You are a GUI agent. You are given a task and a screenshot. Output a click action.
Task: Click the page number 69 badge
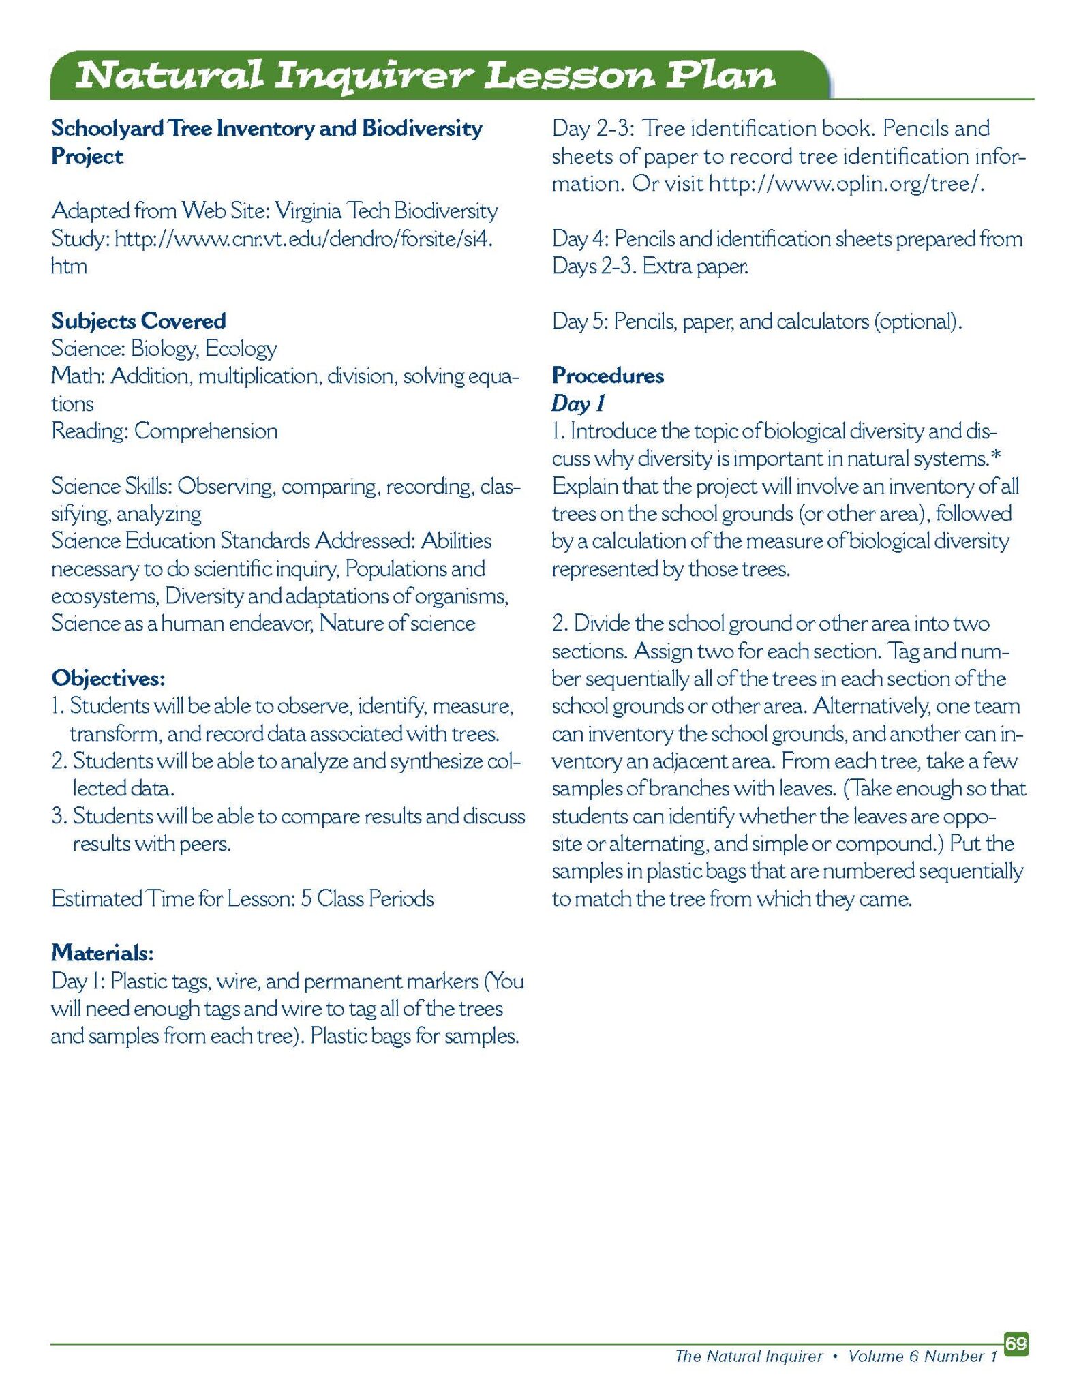(1016, 1344)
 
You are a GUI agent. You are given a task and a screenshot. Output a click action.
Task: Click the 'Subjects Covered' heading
(138, 321)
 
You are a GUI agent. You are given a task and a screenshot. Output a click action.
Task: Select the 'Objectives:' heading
(108, 678)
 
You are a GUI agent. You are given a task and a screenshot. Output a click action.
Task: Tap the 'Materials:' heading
(102, 953)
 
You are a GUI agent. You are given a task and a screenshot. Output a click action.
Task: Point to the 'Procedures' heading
(607, 376)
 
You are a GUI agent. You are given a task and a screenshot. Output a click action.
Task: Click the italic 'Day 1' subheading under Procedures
(577, 404)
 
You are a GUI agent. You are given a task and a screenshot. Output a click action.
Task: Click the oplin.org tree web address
(846, 184)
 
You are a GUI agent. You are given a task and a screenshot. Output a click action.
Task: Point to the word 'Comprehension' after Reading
(206, 431)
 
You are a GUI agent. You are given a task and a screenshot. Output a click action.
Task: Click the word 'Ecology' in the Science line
(241, 349)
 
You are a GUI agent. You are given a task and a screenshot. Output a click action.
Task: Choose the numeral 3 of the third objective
(57, 816)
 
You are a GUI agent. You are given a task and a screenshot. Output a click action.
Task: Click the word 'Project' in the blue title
(87, 157)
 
